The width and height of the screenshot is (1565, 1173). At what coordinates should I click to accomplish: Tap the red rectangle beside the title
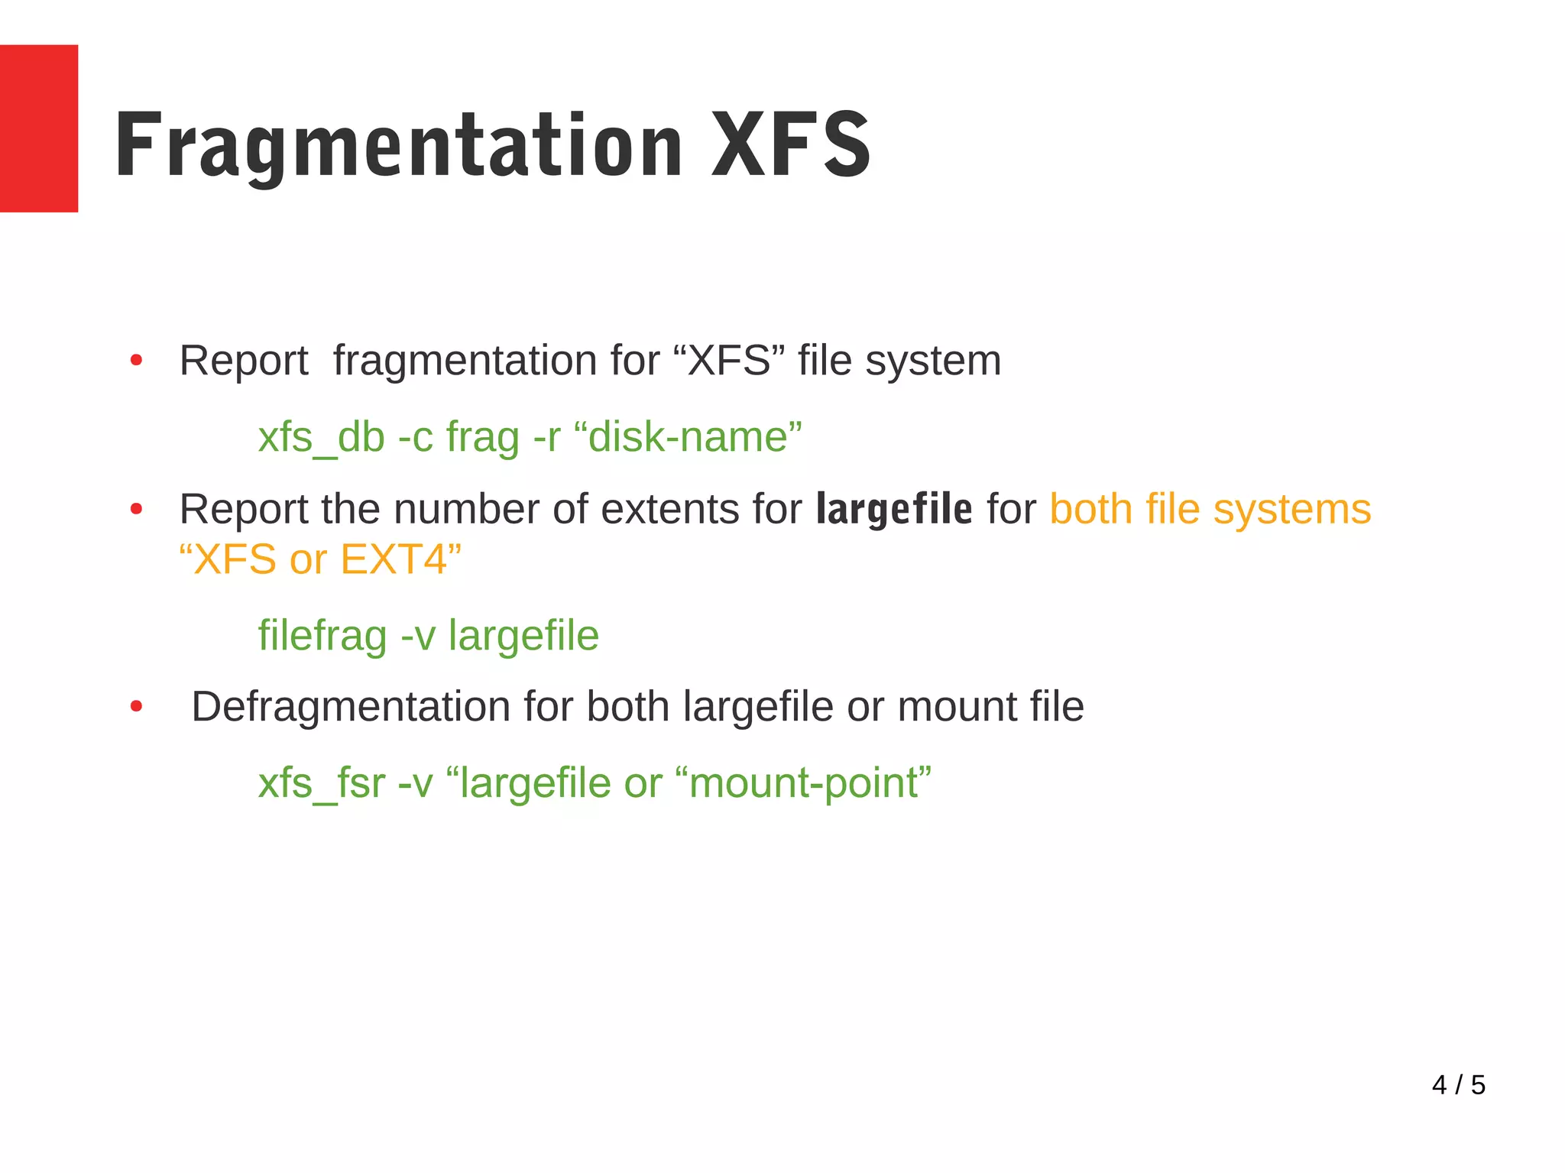(x=38, y=128)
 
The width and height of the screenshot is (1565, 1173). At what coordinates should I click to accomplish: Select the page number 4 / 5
(x=1458, y=1084)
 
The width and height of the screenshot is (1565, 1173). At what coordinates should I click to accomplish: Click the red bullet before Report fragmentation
(x=136, y=360)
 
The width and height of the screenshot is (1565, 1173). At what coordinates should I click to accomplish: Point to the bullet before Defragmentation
(x=136, y=707)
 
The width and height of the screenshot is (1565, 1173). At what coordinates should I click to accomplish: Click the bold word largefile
(x=894, y=509)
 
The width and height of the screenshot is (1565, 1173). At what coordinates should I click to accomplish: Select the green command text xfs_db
(x=321, y=438)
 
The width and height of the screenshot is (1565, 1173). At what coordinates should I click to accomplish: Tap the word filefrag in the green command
(x=322, y=636)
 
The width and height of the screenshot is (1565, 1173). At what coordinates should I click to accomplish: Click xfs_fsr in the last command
(x=321, y=783)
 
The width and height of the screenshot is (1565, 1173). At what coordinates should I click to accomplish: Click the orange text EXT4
(x=394, y=559)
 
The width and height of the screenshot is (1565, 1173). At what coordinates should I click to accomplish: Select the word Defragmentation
(x=351, y=707)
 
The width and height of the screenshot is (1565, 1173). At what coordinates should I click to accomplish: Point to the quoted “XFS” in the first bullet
(x=730, y=360)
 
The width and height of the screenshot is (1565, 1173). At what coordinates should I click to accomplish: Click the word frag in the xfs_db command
(x=482, y=438)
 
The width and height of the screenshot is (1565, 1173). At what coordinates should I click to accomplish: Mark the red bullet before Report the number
(x=136, y=509)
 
